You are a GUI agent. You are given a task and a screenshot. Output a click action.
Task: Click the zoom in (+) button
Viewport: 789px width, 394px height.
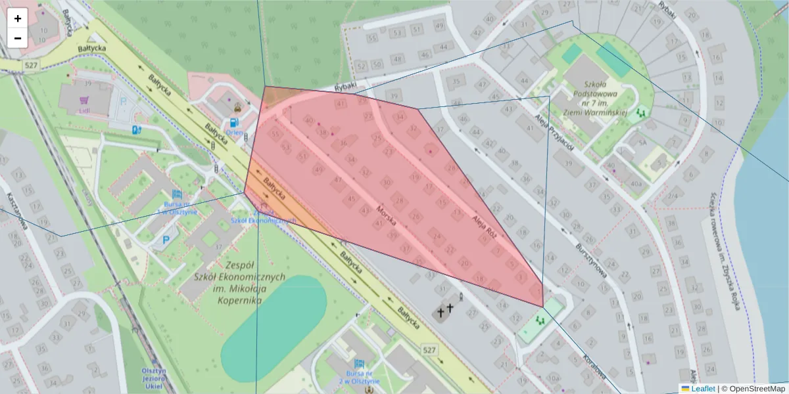[x=18, y=18]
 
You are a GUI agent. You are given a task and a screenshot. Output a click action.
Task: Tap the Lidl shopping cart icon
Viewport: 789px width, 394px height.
[x=84, y=100]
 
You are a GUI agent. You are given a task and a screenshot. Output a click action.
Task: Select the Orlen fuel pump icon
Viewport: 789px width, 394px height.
[x=233, y=122]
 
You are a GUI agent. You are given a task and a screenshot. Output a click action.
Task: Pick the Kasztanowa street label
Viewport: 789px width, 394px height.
[x=18, y=211]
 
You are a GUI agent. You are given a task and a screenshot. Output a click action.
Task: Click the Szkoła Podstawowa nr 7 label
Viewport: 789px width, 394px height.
[x=595, y=95]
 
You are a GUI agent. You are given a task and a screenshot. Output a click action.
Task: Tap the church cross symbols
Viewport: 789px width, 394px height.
[x=445, y=309]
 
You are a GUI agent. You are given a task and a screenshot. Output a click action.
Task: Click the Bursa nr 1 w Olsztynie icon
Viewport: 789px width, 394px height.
[x=176, y=195]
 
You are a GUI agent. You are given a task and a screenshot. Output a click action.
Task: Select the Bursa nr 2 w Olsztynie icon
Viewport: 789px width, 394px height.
[x=359, y=364]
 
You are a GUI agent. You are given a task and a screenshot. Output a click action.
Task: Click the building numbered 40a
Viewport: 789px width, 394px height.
[x=635, y=184]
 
